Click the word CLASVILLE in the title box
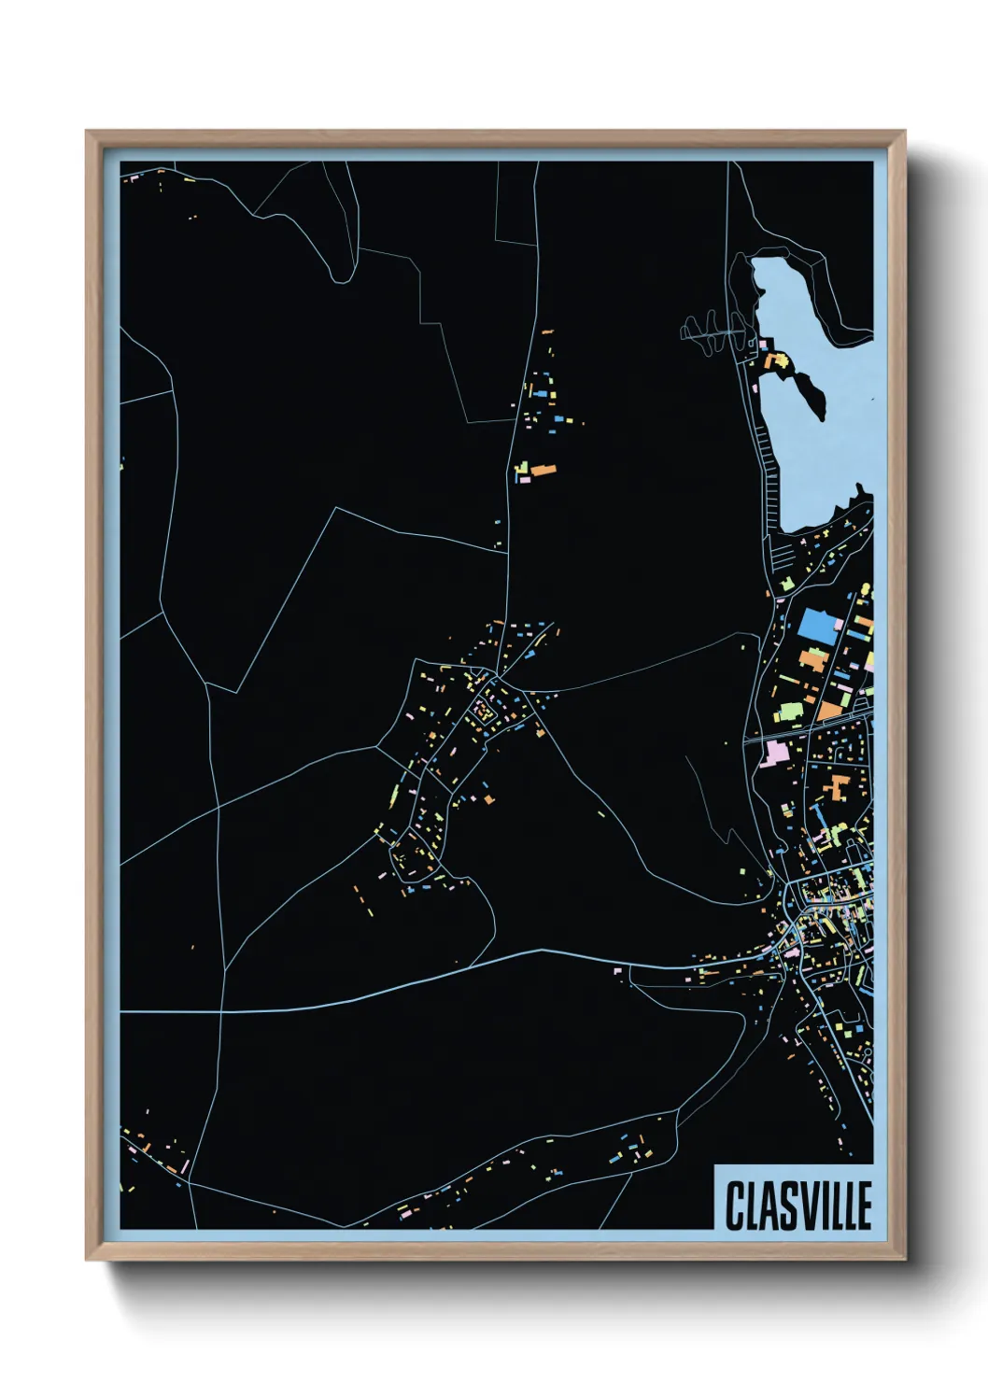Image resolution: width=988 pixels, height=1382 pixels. tap(798, 1206)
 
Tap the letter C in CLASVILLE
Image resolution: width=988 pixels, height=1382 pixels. tap(735, 1206)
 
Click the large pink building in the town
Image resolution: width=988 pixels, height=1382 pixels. tap(775, 753)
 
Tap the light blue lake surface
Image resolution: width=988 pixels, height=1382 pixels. tap(822, 448)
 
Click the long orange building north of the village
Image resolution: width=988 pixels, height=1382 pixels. tap(542, 467)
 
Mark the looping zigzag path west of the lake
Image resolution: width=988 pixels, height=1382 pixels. tap(714, 331)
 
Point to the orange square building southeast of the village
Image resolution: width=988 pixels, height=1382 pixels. tap(489, 798)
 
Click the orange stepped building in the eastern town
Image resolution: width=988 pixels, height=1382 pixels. tap(834, 789)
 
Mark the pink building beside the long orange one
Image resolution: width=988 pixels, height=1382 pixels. tap(524, 477)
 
